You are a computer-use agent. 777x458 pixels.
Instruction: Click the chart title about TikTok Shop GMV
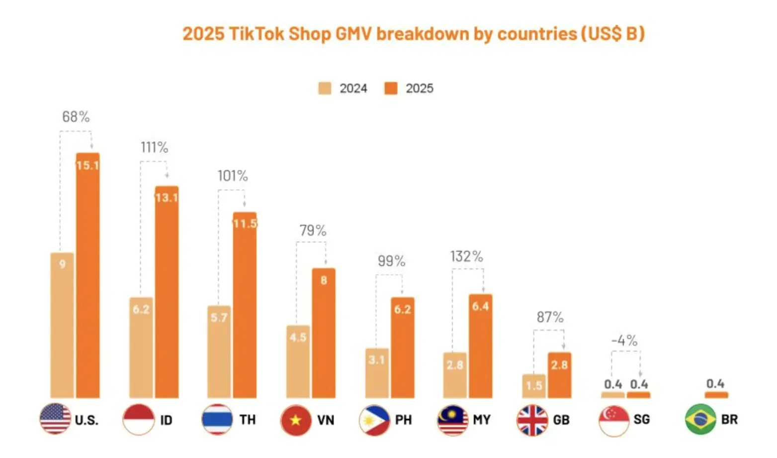coord(413,34)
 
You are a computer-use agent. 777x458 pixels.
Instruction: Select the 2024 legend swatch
coord(325,89)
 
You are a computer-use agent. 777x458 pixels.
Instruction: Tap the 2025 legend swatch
coord(391,89)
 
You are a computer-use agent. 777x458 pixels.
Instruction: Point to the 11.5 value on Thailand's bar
coord(245,224)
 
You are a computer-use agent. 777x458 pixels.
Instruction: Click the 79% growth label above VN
coord(313,230)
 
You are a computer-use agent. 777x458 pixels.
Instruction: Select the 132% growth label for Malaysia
coord(466,256)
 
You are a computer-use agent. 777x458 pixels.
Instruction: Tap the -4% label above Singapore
coord(624,341)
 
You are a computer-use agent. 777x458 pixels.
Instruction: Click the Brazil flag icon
coord(700,420)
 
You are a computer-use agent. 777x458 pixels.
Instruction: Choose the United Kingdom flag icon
coord(532,420)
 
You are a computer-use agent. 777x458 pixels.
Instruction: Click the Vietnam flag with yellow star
coord(296,420)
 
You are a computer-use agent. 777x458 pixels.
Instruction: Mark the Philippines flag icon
coord(374,420)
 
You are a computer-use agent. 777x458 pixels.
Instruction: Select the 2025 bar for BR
coord(716,395)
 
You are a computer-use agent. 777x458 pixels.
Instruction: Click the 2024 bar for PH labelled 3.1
coord(377,373)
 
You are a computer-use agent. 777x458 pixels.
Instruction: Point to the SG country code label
coord(641,420)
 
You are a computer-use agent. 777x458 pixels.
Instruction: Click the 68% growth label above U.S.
coord(76,117)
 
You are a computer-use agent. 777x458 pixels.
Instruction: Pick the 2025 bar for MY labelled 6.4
coord(481,346)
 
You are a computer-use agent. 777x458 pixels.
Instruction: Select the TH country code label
coord(247,420)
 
